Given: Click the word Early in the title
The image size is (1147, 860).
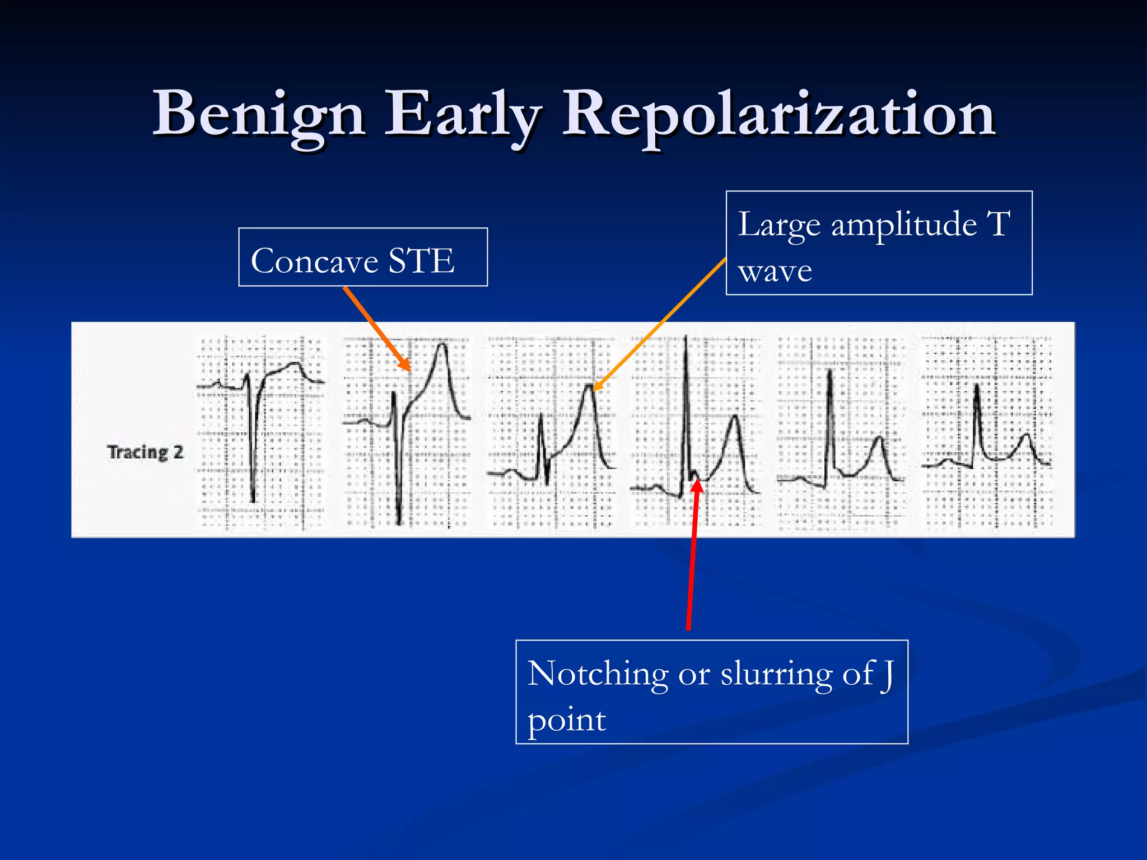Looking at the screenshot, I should pyautogui.click(x=463, y=115).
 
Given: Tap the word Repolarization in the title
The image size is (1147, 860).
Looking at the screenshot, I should pyautogui.click(x=778, y=115).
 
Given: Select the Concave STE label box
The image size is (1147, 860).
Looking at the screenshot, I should pyautogui.click(x=363, y=257).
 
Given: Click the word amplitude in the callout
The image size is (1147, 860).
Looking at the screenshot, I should pyautogui.click(x=904, y=225).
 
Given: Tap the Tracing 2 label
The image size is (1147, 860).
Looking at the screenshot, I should pyautogui.click(x=145, y=452).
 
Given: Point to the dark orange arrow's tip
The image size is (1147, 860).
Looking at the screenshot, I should pyautogui.click(x=409, y=371).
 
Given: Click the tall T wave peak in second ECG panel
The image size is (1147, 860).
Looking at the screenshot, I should pyautogui.click(x=443, y=344).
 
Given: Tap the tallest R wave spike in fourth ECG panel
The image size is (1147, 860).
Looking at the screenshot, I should pyautogui.click(x=686, y=338).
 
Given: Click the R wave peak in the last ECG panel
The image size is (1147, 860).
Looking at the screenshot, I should pyautogui.click(x=977, y=385).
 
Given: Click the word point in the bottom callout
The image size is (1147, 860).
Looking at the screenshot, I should pyautogui.click(x=566, y=720).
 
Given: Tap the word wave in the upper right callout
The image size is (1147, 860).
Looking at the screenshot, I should pyautogui.click(x=775, y=272).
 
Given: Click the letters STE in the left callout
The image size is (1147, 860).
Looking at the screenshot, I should pyautogui.click(x=421, y=261).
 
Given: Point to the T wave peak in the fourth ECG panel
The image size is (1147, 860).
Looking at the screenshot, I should pyautogui.click(x=734, y=417).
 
